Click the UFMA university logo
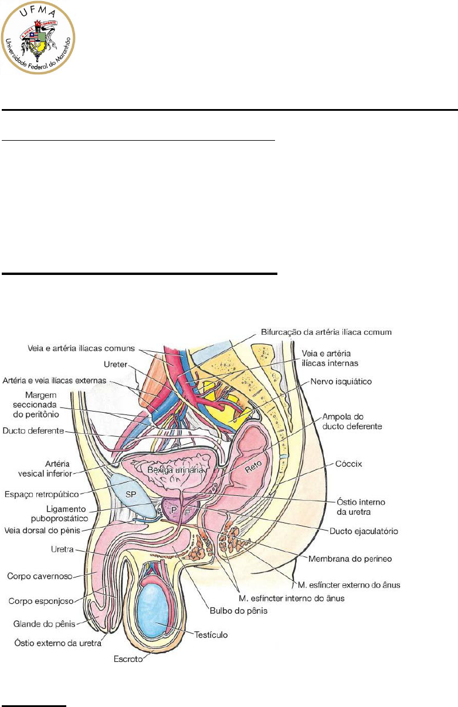pyautogui.click(x=39, y=37)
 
